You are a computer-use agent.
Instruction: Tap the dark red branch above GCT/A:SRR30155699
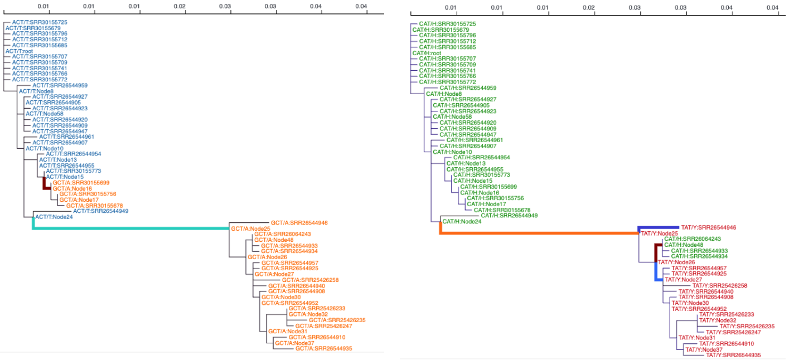pos(45,183)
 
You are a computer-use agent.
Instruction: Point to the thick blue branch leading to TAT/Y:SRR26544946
pos(659,227)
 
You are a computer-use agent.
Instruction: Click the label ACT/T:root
pos(20,51)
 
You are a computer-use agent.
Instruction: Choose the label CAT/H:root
pos(427,53)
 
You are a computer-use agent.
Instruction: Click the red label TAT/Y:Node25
pos(659,233)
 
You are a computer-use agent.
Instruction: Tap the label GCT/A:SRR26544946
pos(299,223)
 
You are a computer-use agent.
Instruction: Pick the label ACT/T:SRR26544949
pos(101,211)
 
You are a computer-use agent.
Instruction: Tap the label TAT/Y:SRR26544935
pos(733,355)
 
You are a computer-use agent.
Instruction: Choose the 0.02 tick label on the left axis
pos(180,6)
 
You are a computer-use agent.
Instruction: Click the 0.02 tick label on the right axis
pos(589,8)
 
